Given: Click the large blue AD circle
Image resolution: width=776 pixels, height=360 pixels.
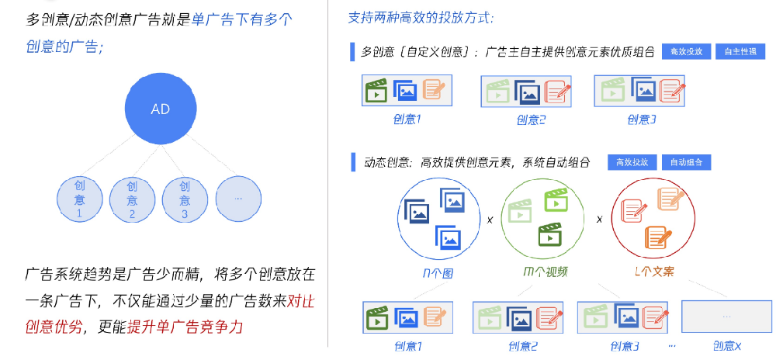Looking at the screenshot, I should pyautogui.click(x=160, y=109).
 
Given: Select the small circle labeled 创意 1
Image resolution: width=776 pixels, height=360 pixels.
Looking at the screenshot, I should pyautogui.click(x=80, y=199).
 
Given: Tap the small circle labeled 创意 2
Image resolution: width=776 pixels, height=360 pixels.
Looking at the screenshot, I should pyautogui.click(x=133, y=199).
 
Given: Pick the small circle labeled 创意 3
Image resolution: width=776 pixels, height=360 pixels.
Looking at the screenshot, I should pyautogui.click(x=185, y=199).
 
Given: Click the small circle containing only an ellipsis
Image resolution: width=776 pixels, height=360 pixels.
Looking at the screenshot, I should pyautogui.click(x=237, y=199).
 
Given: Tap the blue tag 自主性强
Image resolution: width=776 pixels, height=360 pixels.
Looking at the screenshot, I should pyautogui.click(x=740, y=52).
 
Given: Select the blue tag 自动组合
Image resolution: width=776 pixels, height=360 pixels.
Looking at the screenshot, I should pyautogui.click(x=685, y=162).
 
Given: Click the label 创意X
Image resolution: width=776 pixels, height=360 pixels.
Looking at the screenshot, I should pyautogui.click(x=727, y=346).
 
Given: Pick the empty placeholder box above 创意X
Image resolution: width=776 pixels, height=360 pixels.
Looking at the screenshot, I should pyautogui.click(x=727, y=317).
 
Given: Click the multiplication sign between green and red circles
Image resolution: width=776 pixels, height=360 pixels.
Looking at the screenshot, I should pyautogui.click(x=599, y=219).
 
